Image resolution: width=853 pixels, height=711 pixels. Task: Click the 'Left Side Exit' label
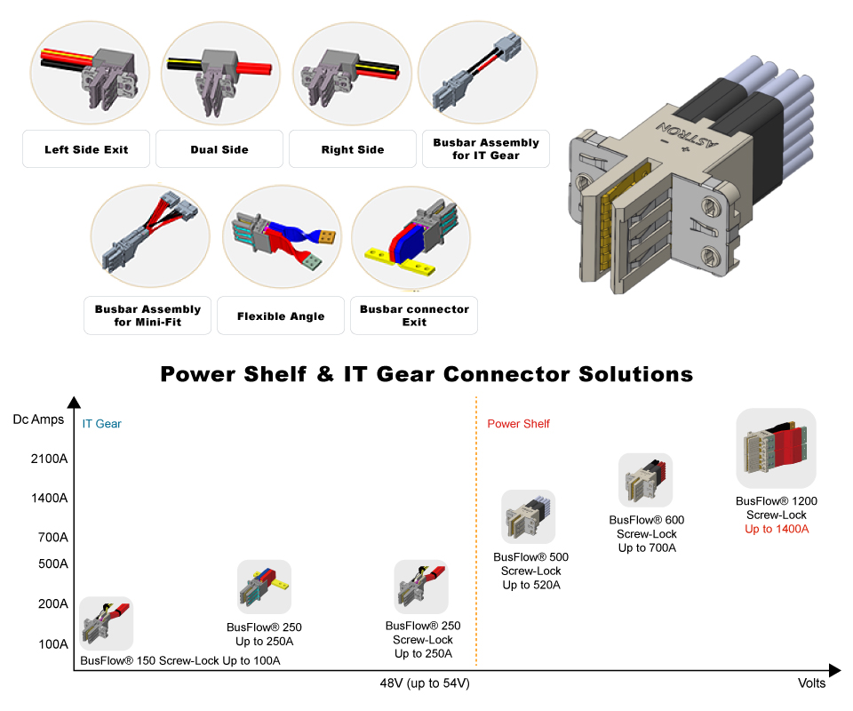pyautogui.click(x=86, y=149)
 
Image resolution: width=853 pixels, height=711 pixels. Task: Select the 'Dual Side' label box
pyautogui.click(x=219, y=149)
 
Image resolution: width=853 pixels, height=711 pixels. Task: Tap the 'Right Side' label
pyautogui.click(x=353, y=149)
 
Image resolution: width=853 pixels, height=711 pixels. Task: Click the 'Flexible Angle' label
pyautogui.click(x=281, y=316)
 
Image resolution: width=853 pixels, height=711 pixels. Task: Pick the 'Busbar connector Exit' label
pyautogui.click(x=414, y=316)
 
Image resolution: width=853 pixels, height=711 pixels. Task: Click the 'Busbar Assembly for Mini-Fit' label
pyautogui.click(x=147, y=316)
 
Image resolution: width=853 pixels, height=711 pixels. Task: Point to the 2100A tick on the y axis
pyautogui.click(x=50, y=459)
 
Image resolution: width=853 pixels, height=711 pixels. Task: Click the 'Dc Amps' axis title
pyautogui.click(x=38, y=419)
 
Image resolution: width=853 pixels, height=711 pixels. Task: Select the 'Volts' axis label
pyautogui.click(x=811, y=683)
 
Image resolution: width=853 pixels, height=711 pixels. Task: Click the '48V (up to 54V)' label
pyautogui.click(x=425, y=683)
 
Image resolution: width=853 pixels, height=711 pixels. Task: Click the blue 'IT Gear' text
pyautogui.click(x=102, y=424)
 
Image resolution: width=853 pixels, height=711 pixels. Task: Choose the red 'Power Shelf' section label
pyautogui.click(x=518, y=424)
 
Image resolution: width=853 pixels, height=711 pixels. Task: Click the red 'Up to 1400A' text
pyautogui.click(x=777, y=529)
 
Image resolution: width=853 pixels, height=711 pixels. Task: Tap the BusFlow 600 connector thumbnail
pyautogui.click(x=646, y=481)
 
